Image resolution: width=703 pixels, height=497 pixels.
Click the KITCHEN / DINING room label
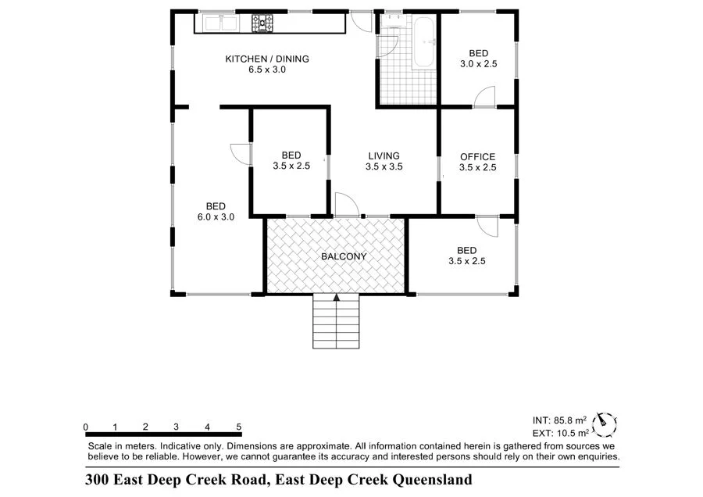pos(267,59)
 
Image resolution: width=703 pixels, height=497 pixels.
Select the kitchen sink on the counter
pos(220,23)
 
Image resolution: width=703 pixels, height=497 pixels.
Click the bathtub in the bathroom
pos(425,43)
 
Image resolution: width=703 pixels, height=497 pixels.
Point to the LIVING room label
pos(384,156)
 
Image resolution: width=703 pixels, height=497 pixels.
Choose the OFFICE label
pos(477,156)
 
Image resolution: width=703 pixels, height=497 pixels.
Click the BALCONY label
pos(344,256)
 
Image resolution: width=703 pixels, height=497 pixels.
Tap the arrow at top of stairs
pos(337,297)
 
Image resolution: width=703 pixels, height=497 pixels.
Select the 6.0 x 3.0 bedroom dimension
pos(216,217)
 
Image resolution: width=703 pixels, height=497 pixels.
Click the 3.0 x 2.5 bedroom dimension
pos(478,64)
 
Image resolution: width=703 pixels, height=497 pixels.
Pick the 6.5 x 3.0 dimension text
pos(267,70)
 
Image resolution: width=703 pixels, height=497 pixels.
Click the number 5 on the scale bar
pos(238,427)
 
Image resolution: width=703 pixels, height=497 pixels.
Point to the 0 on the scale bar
pos(85,427)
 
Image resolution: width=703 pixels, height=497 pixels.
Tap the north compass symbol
pos(604,423)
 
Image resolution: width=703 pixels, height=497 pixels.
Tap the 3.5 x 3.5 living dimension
pos(384,166)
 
